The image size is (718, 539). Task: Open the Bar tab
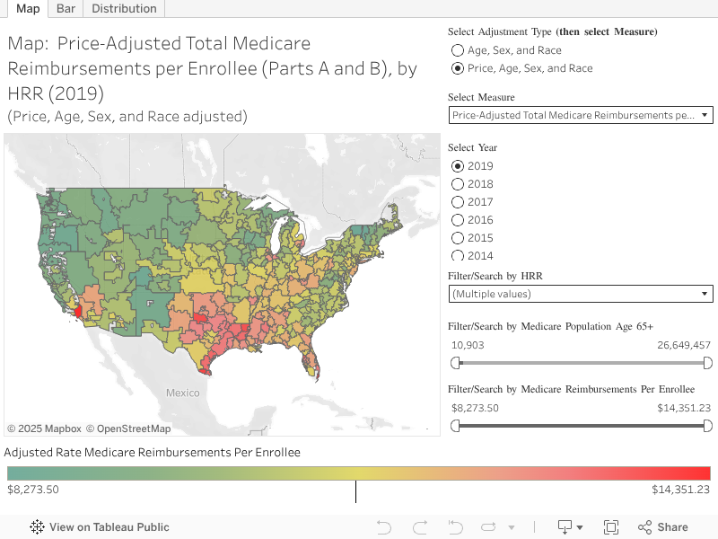(x=66, y=9)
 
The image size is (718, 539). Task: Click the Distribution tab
(x=124, y=9)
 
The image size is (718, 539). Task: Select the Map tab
(x=27, y=9)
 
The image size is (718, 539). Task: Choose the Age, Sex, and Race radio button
(x=458, y=50)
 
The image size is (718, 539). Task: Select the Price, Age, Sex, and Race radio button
(x=458, y=68)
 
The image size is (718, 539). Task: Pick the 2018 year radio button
(x=458, y=184)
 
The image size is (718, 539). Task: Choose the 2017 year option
(x=458, y=202)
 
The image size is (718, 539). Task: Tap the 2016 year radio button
(x=458, y=220)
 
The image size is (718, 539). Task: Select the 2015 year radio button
(x=458, y=238)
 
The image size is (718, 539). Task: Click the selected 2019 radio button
(x=458, y=166)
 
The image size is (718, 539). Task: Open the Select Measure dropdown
(x=580, y=115)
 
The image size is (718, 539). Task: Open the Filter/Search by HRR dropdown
(x=580, y=294)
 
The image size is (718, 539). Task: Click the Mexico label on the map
(x=182, y=393)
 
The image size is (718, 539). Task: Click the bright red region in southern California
(x=76, y=311)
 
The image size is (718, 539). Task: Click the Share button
(x=663, y=527)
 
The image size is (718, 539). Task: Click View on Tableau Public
(x=100, y=527)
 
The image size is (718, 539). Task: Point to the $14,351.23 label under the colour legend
(x=680, y=490)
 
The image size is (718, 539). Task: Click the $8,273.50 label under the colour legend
(x=33, y=490)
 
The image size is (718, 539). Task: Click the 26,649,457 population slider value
(x=684, y=345)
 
